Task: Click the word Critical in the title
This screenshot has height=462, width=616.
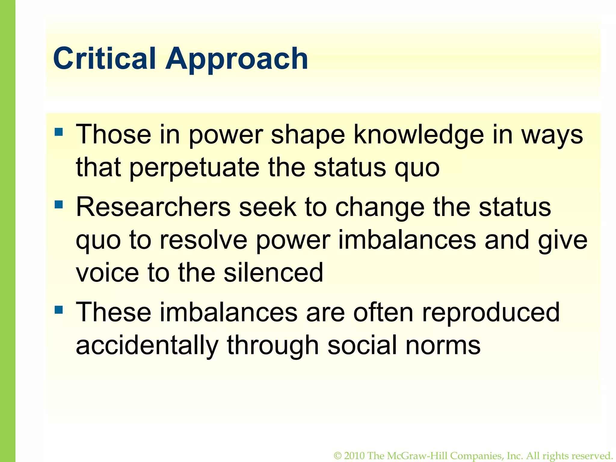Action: coord(104,58)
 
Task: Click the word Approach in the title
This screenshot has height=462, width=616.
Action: coord(237,59)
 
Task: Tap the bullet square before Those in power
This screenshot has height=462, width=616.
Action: coord(59,132)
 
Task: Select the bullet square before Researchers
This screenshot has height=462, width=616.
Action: coord(59,205)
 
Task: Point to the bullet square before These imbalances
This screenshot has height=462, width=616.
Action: coord(59,310)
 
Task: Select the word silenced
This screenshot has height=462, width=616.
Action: coord(273,273)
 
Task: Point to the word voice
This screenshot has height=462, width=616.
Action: coord(107,273)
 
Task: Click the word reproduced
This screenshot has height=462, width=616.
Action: coord(491,313)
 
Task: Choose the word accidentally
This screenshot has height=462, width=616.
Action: coord(147,345)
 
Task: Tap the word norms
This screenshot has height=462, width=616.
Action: coord(443,345)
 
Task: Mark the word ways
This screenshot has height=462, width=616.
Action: coord(552,135)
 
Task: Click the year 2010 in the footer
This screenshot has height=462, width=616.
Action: coord(354,456)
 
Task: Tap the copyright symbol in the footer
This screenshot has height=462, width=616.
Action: coord(337,456)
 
